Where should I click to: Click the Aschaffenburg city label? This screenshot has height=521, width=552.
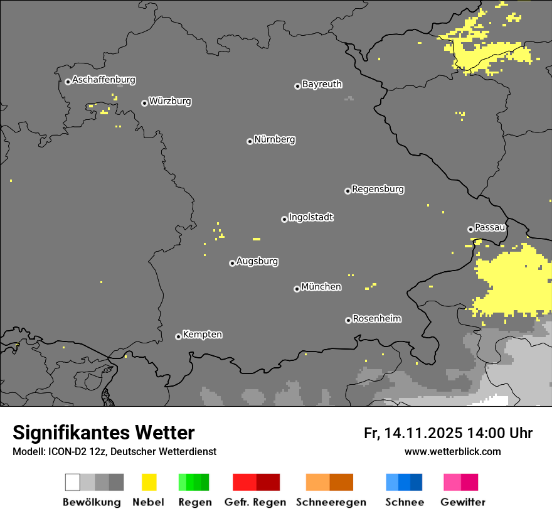click(x=103, y=80)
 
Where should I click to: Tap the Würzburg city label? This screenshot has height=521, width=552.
click(x=170, y=101)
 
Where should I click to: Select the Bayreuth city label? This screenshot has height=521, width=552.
click(x=322, y=84)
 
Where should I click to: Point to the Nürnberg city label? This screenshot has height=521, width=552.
click(x=275, y=139)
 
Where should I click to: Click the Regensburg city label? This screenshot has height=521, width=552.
click(x=378, y=189)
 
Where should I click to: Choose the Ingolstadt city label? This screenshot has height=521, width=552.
click(x=310, y=217)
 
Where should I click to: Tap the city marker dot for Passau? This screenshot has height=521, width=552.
click(x=470, y=229)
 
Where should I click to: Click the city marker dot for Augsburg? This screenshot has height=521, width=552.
click(x=232, y=263)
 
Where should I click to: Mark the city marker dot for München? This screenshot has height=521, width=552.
click(x=297, y=289)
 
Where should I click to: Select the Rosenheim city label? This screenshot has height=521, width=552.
click(x=376, y=318)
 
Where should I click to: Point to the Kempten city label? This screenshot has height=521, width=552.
click(x=202, y=335)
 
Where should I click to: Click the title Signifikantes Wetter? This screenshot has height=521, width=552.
click(x=103, y=432)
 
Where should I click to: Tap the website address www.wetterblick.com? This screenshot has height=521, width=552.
click(x=452, y=451)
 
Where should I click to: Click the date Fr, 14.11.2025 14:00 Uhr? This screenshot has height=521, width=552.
click(x=448, y=433)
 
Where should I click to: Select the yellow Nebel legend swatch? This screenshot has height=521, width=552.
click(x=149, y=482)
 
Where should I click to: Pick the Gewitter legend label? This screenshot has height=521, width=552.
click(x=462, y=502)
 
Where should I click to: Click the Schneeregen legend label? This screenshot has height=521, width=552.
click(x=331, y=502)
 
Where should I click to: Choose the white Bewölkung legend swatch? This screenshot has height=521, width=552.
click(x=72, y=482)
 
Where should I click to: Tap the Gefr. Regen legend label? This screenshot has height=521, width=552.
click(x=255, y=502)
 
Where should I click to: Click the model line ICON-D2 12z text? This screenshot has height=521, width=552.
click(x=114, y=452)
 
